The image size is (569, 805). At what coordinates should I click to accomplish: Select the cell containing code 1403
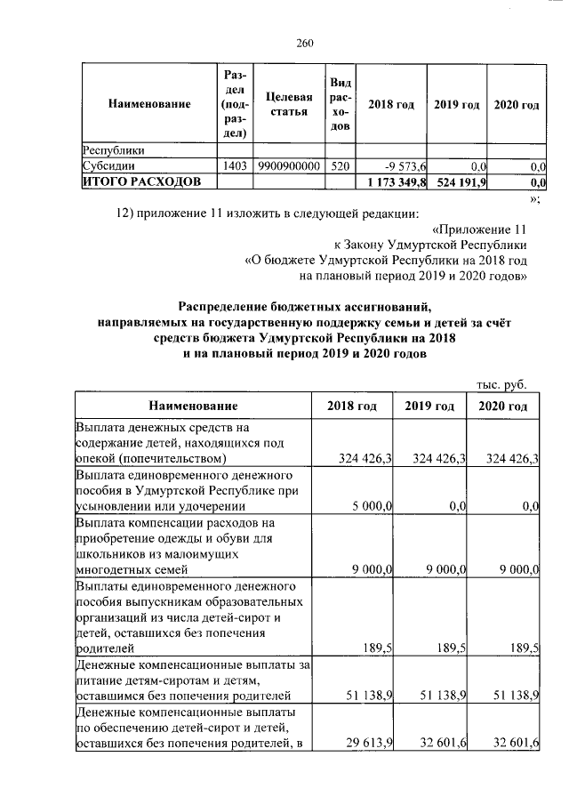pos(234,166)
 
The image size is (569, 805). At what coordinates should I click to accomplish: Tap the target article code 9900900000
pos(289,166)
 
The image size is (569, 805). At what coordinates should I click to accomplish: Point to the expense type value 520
pos(340,166)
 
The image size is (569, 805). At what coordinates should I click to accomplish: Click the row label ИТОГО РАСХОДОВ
pos(136,181)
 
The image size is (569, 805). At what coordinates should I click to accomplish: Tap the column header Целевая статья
pos(289,104)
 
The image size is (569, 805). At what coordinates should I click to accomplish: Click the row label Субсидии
pos(108,166)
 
